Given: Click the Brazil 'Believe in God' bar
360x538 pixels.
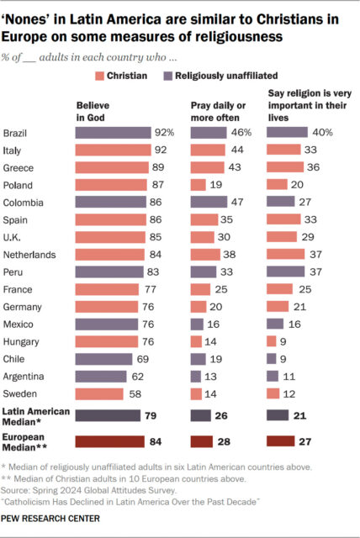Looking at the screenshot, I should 109,133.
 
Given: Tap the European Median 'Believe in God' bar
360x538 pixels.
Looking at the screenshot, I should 104,440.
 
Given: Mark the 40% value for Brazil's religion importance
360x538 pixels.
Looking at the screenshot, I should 322,133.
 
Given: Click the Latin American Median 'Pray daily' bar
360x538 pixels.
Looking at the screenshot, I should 200,415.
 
